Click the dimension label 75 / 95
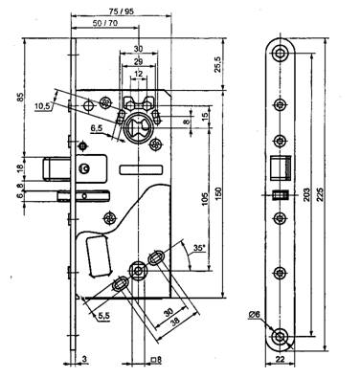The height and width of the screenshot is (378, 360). click(x=121, y=11)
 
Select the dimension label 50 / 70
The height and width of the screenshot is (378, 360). click(x=105, y=23)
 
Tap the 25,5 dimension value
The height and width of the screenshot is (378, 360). click(x=217, y=64)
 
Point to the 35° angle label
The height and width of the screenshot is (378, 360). click(x=199, y=248)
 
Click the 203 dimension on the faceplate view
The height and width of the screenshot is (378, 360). click(x=306, y=193)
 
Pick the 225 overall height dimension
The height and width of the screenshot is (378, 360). click(x=321, y=194)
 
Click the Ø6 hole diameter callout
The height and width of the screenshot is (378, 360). click(x=255, y=315)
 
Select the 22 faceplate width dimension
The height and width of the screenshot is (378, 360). click(x=280, y=359)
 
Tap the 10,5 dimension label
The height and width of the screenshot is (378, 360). click(x=43, y=106)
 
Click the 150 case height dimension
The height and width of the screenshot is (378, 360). click(x=218, y=193)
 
